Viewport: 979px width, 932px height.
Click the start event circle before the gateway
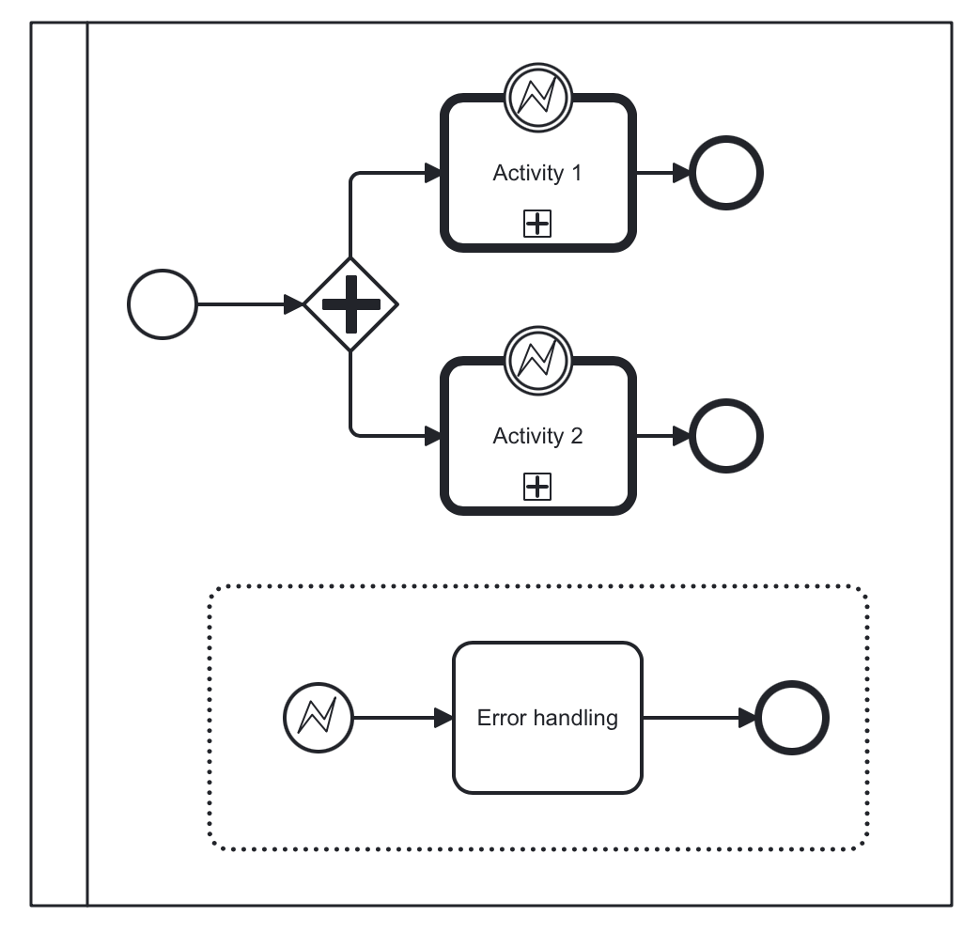(x=163, y=304)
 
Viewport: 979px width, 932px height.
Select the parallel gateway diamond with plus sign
(x=350, y=304)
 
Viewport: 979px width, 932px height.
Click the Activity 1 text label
(x=537, y=174)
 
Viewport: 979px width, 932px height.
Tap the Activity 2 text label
(x=537, y=437)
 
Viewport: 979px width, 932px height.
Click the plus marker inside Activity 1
(x=537, y=224)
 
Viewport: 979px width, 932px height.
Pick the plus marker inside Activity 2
(x=537, y=487)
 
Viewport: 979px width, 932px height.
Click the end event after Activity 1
(x=726, y=174)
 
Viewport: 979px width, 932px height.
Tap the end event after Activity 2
(x=726, y=437)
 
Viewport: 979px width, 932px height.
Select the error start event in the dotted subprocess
(x=318, y=719)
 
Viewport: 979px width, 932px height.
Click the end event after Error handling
(x=792, y=719)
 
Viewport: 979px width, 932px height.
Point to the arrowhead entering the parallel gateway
(x=294, y=304)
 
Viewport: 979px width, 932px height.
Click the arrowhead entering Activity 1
(x=432, y=174)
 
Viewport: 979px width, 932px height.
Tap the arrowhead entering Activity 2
(x=432, y=437)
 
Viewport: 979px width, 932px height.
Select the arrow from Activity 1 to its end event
(x=663, y=174)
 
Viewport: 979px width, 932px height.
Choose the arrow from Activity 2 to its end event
(x=663, y=437)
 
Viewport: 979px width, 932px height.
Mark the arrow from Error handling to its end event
(x=700, y=719)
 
